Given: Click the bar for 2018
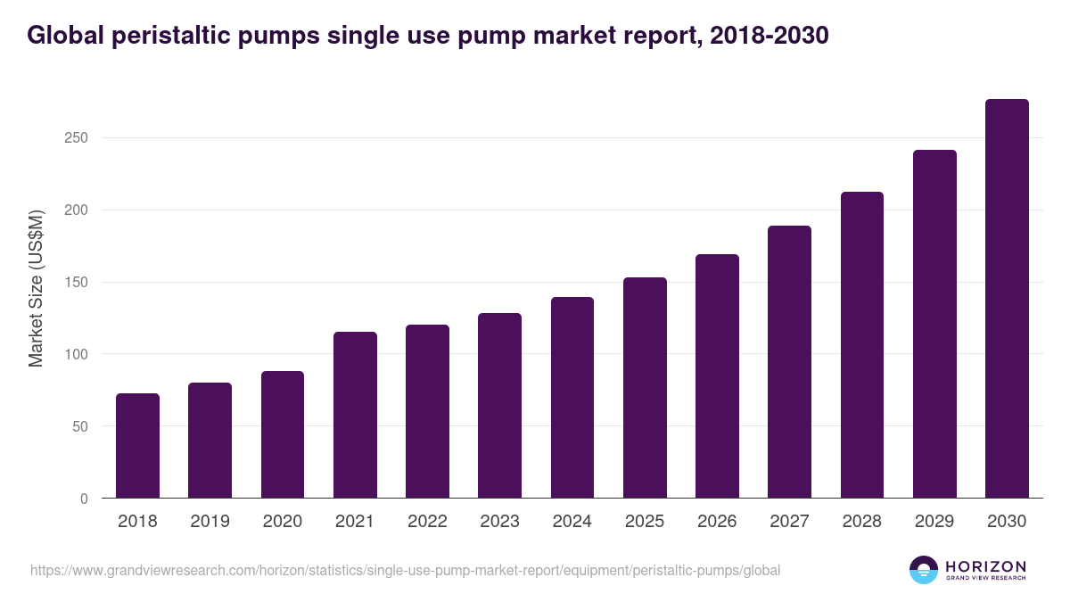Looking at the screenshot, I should [137, 446].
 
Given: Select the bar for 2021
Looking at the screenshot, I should [355, 415].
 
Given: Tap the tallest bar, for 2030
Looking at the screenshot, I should [1007, 299].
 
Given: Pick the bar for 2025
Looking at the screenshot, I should [645, 388].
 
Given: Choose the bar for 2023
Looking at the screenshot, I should [499, 406].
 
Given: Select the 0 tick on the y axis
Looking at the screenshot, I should [84, 499].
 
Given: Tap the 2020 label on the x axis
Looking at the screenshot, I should [282, 522].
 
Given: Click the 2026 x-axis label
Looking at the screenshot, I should [717, 522].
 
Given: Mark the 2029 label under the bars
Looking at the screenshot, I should [934, 522].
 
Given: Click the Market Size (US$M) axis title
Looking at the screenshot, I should [36, 289].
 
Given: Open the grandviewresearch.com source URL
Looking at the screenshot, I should [406, 570].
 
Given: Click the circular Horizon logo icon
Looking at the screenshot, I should [924, 570].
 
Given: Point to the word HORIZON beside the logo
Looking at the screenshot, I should [985, 566].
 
